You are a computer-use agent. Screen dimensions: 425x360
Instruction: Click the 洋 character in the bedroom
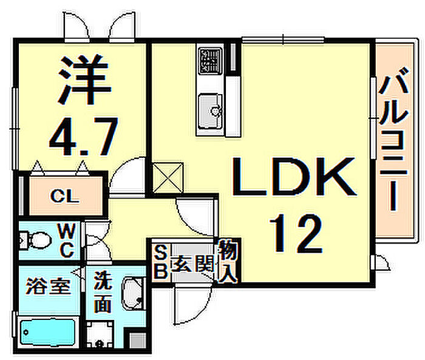tap(85, 80)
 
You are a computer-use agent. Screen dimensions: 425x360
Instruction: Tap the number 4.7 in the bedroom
tap(84, 137)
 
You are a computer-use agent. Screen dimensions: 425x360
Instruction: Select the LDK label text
tap(294, 177)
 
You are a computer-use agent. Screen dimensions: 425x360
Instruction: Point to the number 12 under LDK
tap(296, 233)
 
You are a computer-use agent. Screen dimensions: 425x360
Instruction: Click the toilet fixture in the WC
tap(35, 240)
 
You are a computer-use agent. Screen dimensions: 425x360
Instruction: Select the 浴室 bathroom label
tap(48, 287)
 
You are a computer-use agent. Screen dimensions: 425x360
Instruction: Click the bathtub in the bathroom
tap(48, 333)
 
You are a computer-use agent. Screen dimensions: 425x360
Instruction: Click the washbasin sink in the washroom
tap(133, 294)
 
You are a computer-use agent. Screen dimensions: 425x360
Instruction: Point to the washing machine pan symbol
tap(100, 335)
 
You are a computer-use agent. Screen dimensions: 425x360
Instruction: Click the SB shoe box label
tap(160, 261)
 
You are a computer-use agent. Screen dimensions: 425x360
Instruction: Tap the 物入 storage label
tap(228, 261)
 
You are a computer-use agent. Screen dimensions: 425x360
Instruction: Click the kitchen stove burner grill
tap(210, 61)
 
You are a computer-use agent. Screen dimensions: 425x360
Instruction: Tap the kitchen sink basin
tap(210, 111)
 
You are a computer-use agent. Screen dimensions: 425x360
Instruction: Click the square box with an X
tap(168, 177)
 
